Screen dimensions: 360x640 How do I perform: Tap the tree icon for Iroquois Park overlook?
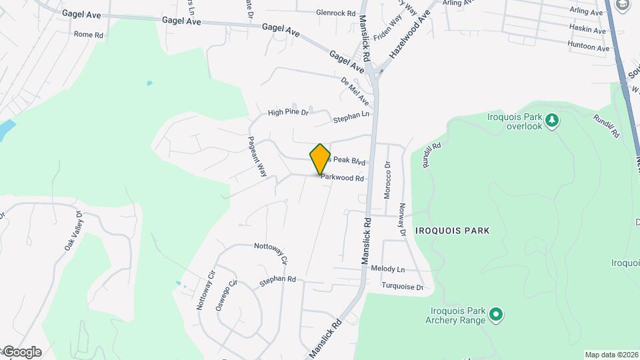[552, 120]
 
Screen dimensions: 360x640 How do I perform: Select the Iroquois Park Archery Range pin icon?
[495, 314]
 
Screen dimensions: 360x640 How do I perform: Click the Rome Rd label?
[89, 34]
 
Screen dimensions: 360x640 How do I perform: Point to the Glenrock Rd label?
[336, 13]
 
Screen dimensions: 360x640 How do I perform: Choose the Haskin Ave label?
[587, 30]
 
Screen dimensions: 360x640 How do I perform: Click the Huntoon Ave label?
[588, 47]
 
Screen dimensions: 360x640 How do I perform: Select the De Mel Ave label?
[355, 91]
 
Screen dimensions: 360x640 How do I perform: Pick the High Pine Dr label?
[288, 113]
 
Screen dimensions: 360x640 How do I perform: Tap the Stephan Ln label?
[351, 119]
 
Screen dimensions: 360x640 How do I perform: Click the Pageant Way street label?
[257, 157]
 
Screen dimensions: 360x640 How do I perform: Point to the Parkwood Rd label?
[342, 179]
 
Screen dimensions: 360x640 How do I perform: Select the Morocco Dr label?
[387, 179]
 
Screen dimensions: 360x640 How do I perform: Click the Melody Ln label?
[388, 269]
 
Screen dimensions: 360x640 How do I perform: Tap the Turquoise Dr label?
[402, 287]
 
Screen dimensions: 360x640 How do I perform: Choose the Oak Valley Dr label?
[73, 231]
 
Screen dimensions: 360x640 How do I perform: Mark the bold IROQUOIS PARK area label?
[452, 231]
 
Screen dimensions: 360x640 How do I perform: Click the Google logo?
[21, 352]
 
